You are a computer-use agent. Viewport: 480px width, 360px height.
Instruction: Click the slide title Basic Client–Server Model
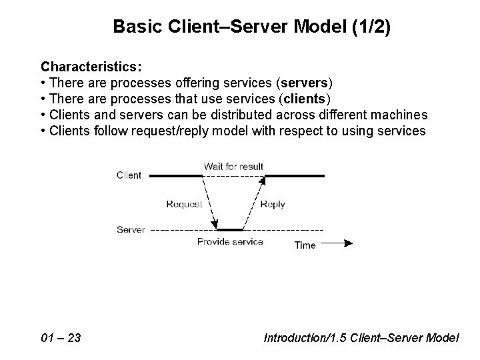227,26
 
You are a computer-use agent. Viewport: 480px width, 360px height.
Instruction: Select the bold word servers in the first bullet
305,83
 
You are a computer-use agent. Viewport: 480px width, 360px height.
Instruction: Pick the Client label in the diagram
129,175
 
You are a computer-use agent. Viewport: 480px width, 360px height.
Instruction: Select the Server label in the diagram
131,229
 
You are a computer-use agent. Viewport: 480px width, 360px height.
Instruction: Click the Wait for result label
233,165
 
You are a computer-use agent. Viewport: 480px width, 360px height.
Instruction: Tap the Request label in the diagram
184,204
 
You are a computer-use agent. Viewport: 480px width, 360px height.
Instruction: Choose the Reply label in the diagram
272,204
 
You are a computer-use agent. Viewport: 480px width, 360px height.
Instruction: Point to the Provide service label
230,241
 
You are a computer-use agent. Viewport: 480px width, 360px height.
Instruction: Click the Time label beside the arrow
305,245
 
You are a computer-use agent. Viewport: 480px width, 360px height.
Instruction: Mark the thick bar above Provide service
231,230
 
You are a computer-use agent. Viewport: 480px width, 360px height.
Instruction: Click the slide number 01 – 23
61,338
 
